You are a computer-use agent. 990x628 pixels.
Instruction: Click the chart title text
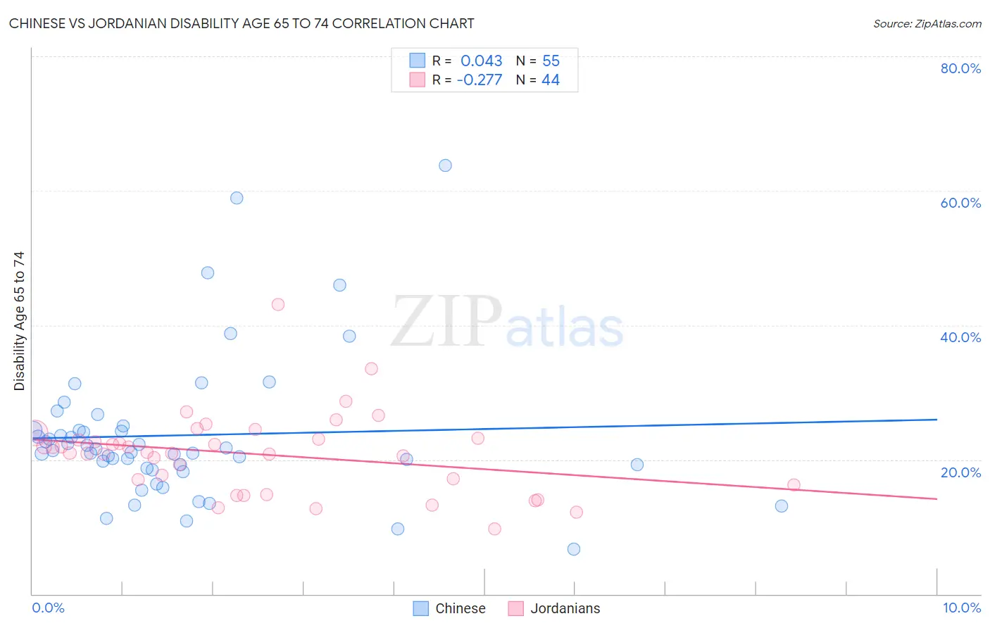[242, 23]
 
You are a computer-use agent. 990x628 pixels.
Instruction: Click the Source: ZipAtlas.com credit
[927, 23]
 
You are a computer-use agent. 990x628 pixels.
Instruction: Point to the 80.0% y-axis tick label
[960, 68]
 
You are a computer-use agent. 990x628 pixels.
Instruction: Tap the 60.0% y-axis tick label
[960, 203]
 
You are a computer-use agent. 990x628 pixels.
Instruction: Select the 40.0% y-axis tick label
[960, 337]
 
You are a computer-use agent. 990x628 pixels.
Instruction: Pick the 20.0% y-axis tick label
[960, 472]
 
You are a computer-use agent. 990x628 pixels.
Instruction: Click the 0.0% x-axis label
[48, 608]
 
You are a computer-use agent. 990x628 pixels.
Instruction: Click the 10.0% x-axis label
[961, 608]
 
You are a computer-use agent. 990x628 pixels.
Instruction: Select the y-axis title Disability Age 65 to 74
[19, 321]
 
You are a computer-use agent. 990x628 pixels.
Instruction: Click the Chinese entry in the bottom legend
[460, 608]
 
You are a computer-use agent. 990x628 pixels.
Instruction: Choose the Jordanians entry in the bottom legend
[565, 608]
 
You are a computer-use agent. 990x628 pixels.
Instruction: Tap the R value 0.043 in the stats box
[482, 61]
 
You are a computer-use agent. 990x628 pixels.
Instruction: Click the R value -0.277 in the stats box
[480, 80]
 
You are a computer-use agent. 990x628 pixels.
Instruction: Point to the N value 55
[551, 61]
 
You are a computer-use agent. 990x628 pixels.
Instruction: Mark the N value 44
[551, 80]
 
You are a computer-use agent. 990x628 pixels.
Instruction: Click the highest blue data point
[445, 165]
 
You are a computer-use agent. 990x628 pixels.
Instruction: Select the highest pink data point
[277, 304]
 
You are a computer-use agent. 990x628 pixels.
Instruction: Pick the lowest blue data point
[574, 549]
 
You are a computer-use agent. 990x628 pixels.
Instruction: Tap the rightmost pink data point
[794, 484]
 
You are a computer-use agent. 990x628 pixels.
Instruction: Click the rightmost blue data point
[781, 506]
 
